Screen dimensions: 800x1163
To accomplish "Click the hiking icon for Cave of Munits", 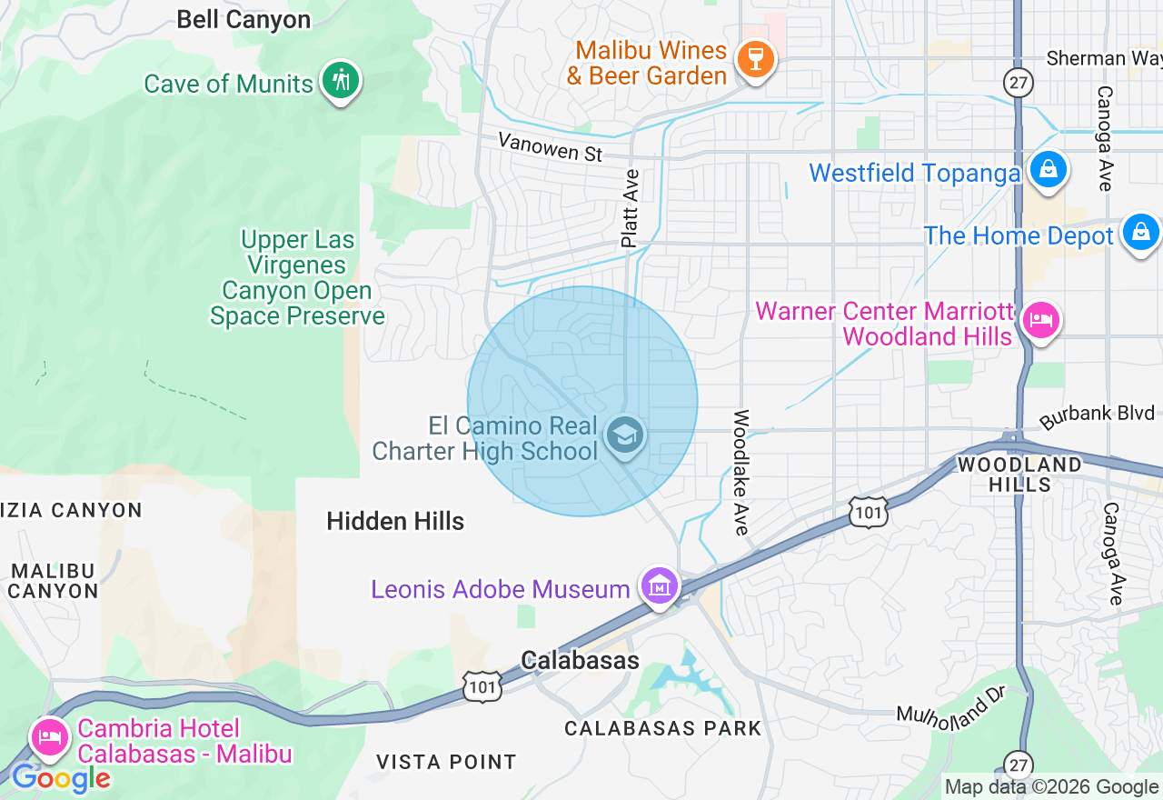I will tap(341, 80).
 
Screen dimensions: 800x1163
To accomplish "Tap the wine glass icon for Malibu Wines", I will tap(755, 59).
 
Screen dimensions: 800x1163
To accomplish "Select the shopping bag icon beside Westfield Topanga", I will tap(1049, 169).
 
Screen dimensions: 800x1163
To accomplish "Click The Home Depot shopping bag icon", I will tap(1140, 232).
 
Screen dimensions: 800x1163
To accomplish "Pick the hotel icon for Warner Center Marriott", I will tap(1040, 320).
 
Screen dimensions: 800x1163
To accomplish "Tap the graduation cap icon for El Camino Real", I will tap(625, 435).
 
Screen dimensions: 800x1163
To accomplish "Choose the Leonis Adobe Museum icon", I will tap(660, 585).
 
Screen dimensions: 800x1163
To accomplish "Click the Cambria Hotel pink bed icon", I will tap(49, 736).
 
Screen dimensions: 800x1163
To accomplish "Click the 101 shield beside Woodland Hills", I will tap(870, 513).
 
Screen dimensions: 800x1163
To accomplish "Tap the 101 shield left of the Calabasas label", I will tap(482, 687).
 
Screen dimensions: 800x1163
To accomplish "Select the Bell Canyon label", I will tap(244, 20).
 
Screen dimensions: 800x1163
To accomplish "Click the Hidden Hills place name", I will tap(395, 521).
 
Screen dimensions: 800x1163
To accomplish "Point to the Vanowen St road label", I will tap(551, 147).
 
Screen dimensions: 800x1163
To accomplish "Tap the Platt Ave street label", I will tap(630, 208).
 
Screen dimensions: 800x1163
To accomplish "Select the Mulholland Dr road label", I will tap(949, 702).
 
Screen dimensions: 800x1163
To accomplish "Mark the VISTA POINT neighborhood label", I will tap(446, 762).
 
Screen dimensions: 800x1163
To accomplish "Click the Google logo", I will tap(61, 778).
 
